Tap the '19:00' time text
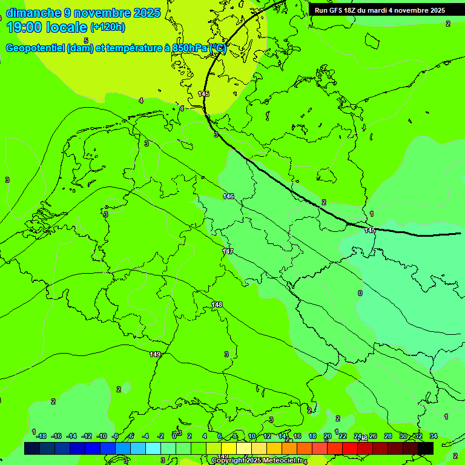tap(24, 27)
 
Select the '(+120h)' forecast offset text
tap(108, 27)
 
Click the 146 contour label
tap(228, 196)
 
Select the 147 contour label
tap(228, 251)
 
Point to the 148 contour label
tap(217, 304)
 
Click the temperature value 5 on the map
tap(86, 41)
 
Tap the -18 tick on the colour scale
tap(41, 436)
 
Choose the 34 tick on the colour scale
tap(434, 436)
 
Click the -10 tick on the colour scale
tap(102, 436)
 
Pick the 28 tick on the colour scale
tap(388, 436)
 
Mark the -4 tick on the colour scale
tap(145, 436)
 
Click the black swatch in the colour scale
tap(426, 448)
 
